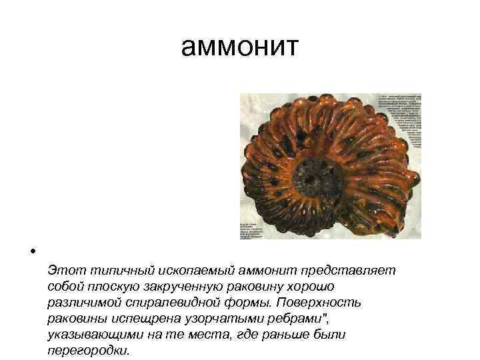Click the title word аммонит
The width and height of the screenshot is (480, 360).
click(x=240, y=48)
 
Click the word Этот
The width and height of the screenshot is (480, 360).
click(x=65, y=270)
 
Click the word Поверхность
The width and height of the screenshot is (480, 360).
click(x=323, y=303)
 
